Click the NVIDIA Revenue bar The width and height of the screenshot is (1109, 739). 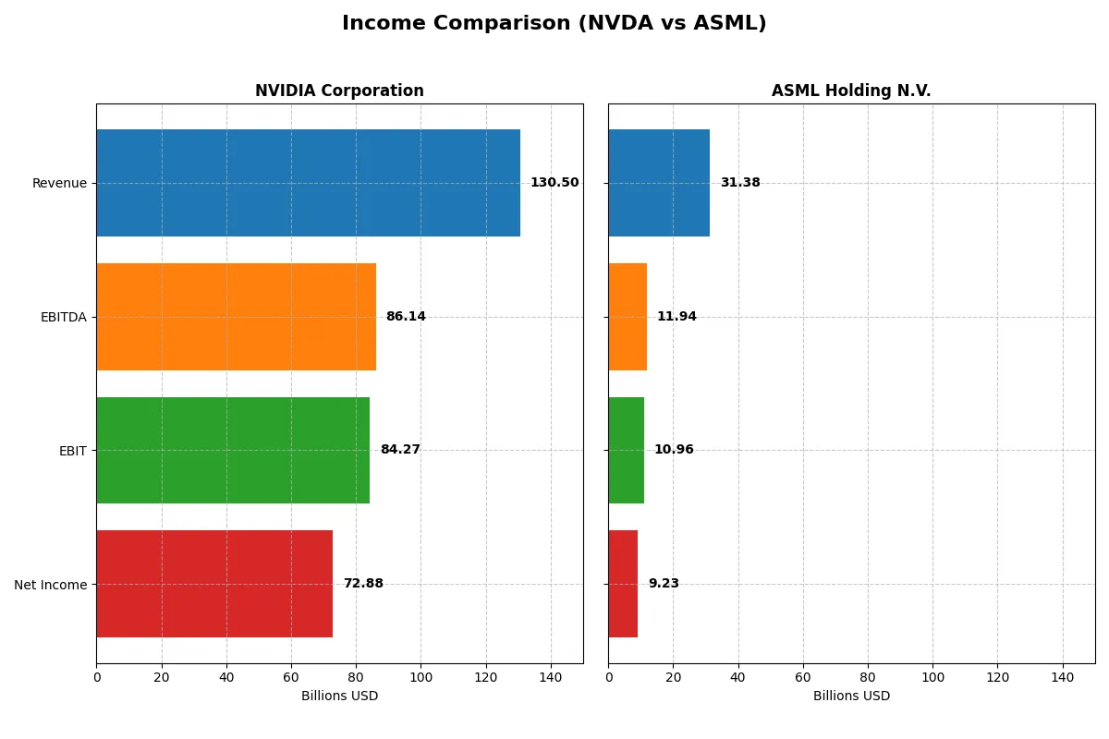308,183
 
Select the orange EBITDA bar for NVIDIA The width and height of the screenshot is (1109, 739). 236,317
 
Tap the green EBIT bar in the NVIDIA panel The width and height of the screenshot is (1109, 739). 233,450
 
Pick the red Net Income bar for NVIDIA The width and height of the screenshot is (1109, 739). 214,584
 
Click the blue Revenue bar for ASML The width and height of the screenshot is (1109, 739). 659,183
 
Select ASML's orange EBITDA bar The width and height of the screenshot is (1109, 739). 628,317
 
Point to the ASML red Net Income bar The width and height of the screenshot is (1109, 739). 623,584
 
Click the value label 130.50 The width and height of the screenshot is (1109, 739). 554,183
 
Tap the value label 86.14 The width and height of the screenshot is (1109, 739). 406,317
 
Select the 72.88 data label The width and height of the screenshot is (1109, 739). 363,584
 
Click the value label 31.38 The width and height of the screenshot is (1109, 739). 740,183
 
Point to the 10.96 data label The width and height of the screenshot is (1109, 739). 674,450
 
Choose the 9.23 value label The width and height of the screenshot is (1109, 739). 664,584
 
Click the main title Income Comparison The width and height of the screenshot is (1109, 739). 554,23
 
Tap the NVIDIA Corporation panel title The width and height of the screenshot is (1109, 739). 339,91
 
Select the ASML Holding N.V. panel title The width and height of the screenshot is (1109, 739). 851,91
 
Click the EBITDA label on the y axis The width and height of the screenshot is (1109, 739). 64,317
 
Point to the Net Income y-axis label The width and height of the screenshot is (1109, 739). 51,585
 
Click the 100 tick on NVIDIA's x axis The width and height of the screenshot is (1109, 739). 420,678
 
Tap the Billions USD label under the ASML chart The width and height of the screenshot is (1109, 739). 851,696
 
